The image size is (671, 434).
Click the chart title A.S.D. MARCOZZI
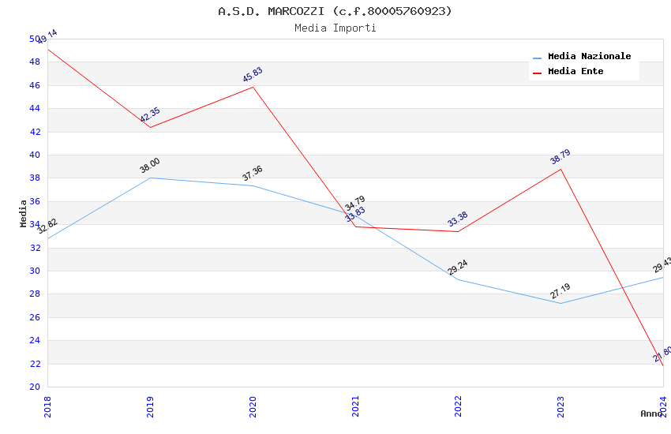pyautogui.click(x=335, y=11)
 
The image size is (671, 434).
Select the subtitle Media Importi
pyautogui.click(x=335, y=28)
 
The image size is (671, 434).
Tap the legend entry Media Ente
pyautogui.click(x=575, y=71)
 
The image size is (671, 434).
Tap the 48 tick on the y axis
pyautogui.click(x=35, y=62)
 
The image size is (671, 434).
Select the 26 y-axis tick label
pyautogui.click(x=35, y=317)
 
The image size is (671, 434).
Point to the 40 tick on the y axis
pyautogui.click(x=35, y=155)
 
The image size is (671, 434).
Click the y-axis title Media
pyautogui.click(x=23, y=213)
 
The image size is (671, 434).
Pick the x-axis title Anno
pyautogui.click(x=651, y=413)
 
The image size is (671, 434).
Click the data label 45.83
pyautogui.click(x=253, y=75)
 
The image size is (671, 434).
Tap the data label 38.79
pyautogui.click(x=560, y=157)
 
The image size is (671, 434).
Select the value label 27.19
pyautogui.click(x=560, y=291)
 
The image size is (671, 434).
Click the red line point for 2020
pyautogui.click(x=253, y=87)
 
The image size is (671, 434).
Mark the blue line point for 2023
pyautogui.click(x=560, y=303)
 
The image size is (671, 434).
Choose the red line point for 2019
pyautogui.click(x=150, y=127)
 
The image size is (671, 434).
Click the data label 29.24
pyautogui.click(x=458, y=268)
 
